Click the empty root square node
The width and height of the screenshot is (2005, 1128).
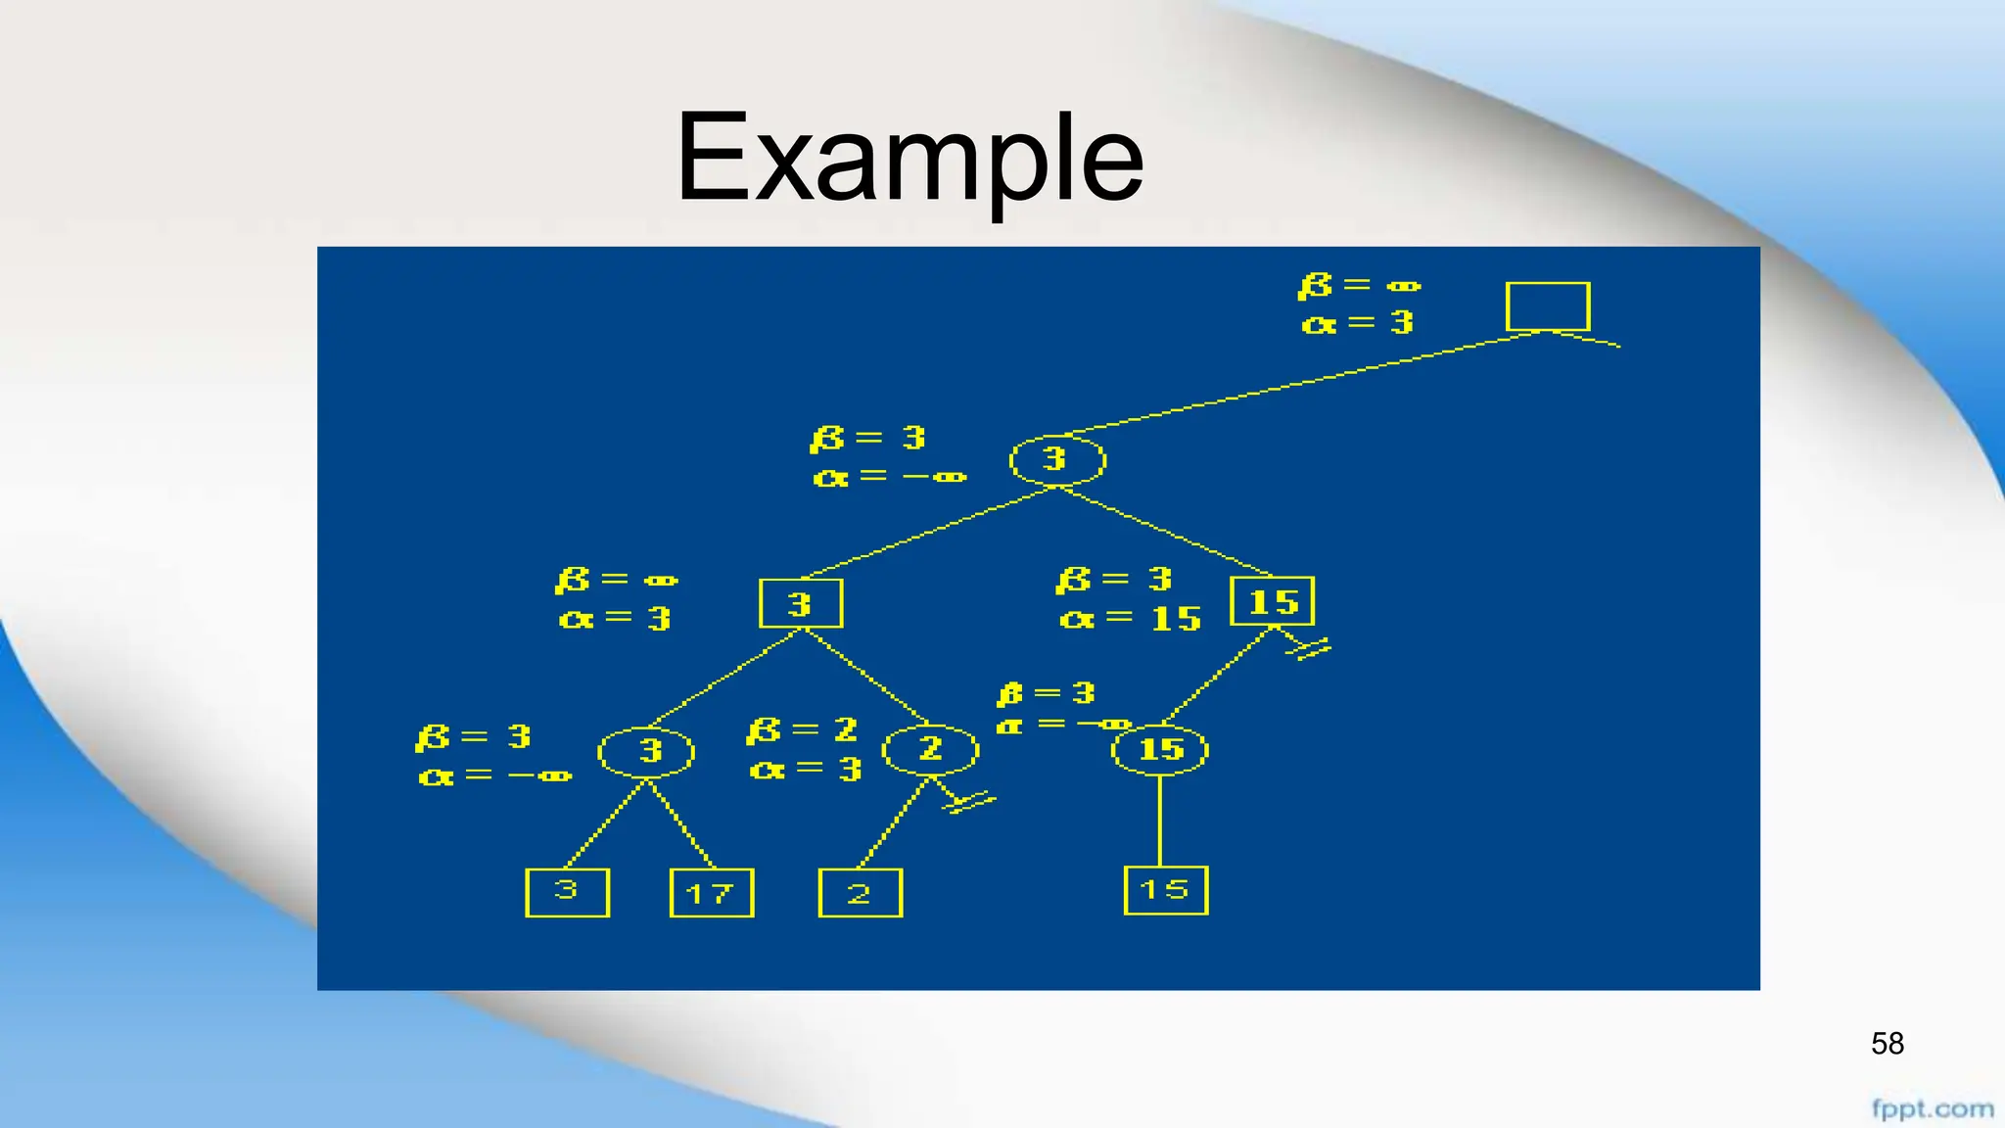[1547, 306]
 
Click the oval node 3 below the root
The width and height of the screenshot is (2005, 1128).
[1057, 460]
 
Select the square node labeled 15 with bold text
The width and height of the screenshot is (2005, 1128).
[1272, 601]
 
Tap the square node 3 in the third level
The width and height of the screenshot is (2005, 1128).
[801, 603]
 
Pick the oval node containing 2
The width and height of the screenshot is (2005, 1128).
[930, 750]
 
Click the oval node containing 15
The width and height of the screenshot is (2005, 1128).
[1160, 750]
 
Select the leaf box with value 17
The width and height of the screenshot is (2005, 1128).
[711, 893]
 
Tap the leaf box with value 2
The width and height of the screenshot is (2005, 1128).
[860, 893]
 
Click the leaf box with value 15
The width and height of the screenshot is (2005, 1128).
[1165, 890]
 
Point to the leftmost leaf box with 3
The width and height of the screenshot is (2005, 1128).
[567, 892]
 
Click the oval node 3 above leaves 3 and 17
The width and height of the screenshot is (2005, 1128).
[646, 752]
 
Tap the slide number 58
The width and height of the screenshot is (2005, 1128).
[1887, 1044]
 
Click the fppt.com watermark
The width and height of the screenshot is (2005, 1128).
[1933, 1109]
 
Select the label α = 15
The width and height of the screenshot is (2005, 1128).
[1130, 619]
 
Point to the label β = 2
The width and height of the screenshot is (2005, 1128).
[802, 730]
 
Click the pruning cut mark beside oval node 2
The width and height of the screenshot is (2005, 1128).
[969, 802]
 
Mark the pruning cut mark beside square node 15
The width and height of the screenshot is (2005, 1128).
[1309, 648]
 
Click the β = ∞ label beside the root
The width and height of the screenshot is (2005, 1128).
[1359, 286]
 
